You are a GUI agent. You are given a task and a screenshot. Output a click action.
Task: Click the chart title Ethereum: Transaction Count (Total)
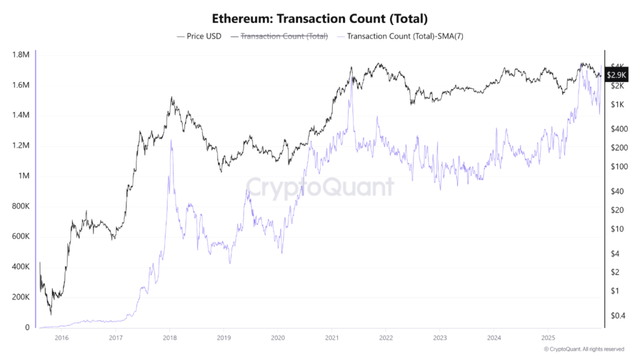pyautogui.click(x=319, y=19)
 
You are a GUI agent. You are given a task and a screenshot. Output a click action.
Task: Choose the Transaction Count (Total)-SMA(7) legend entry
pyautogui.click(x=400, y=36)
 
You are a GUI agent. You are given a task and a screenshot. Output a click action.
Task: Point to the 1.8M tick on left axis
pyautogui.click(x=21, y=55)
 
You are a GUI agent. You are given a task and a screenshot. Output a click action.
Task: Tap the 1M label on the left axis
pyautogui.click(x=24, y=176)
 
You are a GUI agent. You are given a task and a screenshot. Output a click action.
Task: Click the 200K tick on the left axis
pyautogui.click(x=20, y=297)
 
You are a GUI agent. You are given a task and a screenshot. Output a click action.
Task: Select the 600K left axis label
pyautogui.click(x=20, y=237)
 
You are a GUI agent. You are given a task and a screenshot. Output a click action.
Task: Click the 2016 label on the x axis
pyautogui.click(x=61, y=337)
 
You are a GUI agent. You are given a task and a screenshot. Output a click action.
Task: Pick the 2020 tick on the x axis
pyautogui.click(x=277, y=337)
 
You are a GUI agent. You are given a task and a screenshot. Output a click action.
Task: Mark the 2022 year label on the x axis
pyautogui.click(x=386, y=337)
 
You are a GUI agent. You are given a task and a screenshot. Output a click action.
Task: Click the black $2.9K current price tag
pyautogui.click(x=617, y=75)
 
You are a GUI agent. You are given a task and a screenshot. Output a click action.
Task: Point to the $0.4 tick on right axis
pyautogui.click(x=617, y=316)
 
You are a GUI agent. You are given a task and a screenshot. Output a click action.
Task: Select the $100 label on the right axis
pyautogui.click(x=617, y=166)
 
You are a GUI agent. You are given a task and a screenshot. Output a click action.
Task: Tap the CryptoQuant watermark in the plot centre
pyautogui.click(x=319, y=186)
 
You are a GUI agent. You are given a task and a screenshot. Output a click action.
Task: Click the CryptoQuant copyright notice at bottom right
pyautogui.click(x=584, y=349)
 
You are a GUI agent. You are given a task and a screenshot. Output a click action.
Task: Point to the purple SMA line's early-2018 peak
pyautogui.click(x=171, y=141)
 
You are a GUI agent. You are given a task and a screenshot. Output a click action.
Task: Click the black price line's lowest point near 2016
pyautogui.click(x=51, y=314)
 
